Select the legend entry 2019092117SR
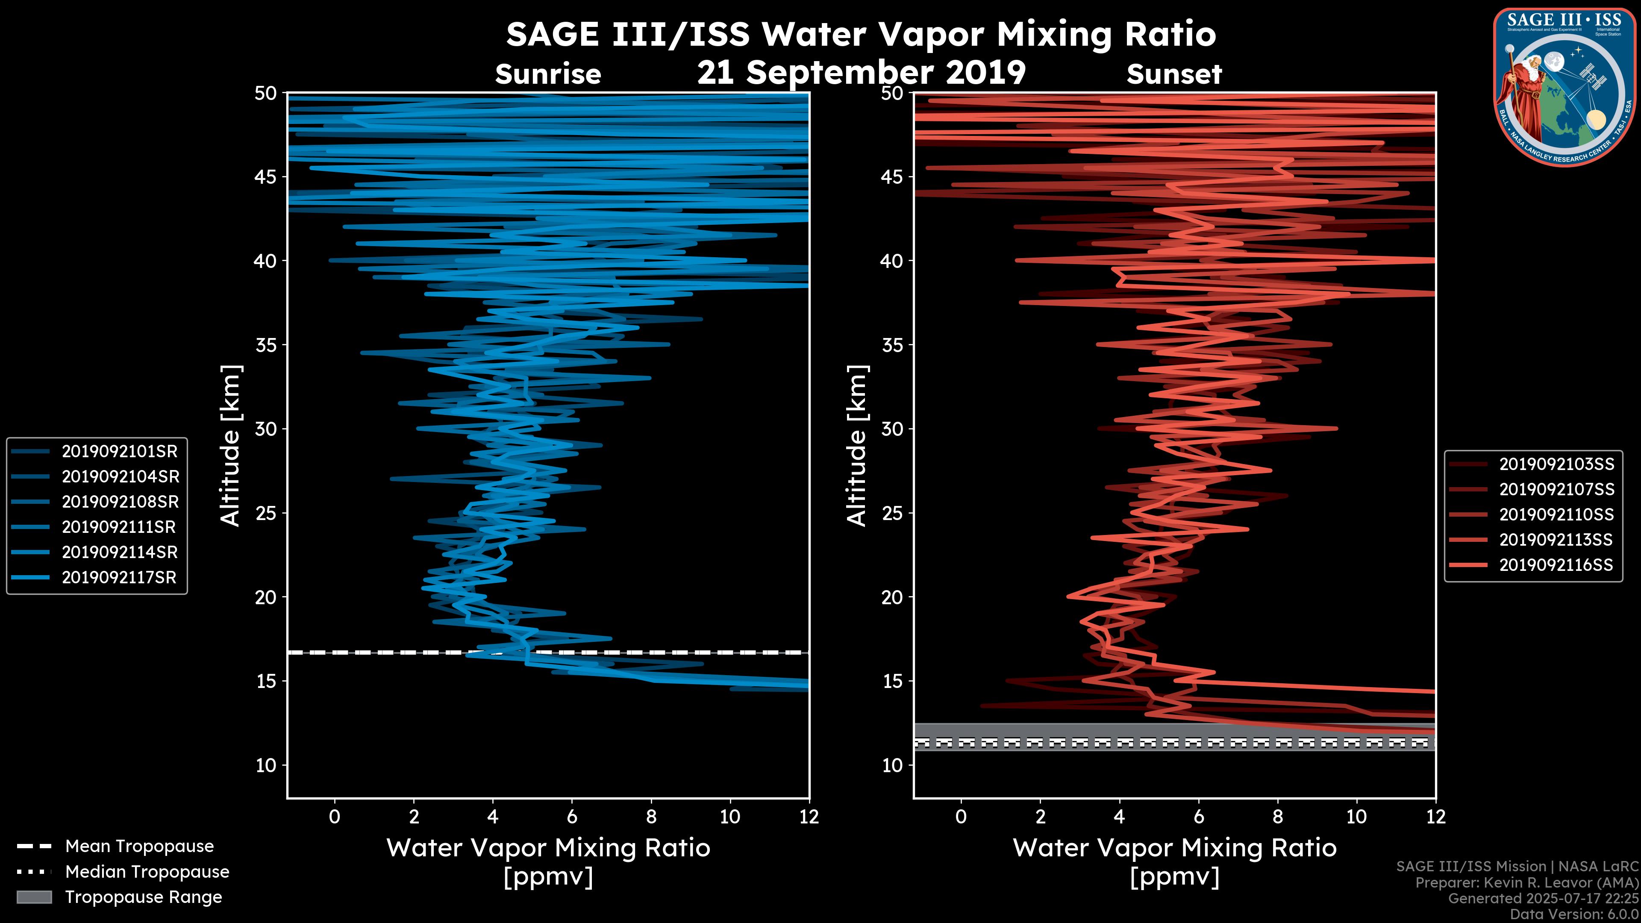click(x=120, y=578)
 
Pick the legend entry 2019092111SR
click(x=120, y=527)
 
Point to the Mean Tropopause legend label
click(x=139, y=847)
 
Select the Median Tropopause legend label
click(x=147, y=872)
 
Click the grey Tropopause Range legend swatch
click(x=34, y=897)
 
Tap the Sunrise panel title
click(x=548, y=74)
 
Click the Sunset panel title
click(x=1174, y=74)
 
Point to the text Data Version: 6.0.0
click(x=1575, y=915)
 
